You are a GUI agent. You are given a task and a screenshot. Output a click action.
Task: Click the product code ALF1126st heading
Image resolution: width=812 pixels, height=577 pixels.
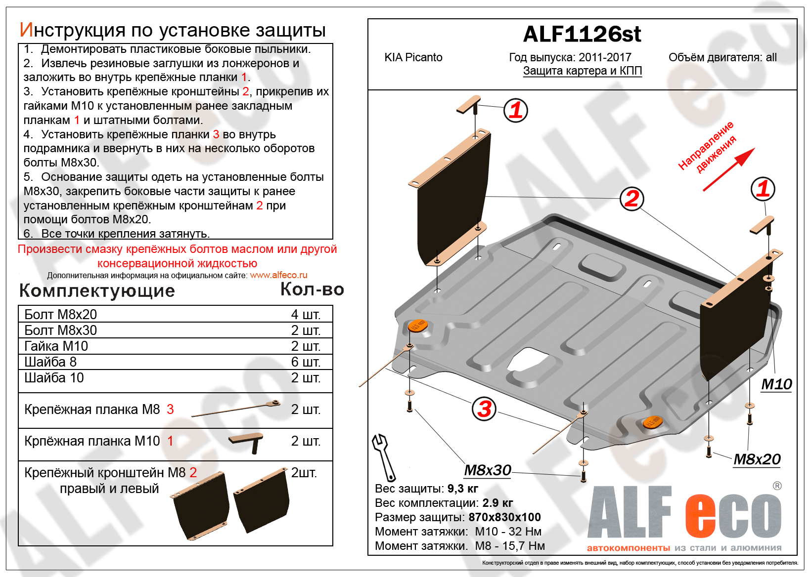coord(582,34)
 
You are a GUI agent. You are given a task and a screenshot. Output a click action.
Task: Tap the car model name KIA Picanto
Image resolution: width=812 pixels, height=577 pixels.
coord(413,57)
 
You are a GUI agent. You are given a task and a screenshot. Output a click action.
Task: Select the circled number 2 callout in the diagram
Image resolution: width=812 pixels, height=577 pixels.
coord(632,199)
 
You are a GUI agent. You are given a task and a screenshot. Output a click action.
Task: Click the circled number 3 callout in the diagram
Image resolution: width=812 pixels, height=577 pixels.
coord(484,409)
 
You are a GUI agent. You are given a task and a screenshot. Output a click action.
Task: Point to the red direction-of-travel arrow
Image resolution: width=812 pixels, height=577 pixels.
coord(729,169)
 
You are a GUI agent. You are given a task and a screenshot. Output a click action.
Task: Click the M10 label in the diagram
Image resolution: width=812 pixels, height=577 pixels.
coord(776,384)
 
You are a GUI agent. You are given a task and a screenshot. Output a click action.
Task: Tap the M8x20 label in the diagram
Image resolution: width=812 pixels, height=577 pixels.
coord(757,459)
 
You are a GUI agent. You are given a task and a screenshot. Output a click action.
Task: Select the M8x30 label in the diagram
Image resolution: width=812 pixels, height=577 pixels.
coord(487,470)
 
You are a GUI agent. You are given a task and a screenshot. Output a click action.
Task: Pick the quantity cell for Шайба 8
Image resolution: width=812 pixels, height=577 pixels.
coord(306,362)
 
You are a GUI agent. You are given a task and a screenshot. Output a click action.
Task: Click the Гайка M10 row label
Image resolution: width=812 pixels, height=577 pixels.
coord(56,346)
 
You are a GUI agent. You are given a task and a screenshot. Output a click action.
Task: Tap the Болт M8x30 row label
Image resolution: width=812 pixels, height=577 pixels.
coord(60,330)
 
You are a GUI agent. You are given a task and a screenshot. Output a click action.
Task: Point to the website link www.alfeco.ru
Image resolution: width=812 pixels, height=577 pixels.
coord(278,275)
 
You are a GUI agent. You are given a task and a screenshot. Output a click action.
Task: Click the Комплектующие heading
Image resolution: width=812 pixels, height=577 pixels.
coord(97,290)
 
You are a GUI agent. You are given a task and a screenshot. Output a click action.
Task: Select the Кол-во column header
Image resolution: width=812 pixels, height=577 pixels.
coord(312,289)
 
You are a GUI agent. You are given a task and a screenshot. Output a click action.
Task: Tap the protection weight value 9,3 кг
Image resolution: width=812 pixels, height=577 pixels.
coord(462,489)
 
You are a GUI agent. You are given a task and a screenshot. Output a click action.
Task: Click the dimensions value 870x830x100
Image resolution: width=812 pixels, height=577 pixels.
coord(504,517)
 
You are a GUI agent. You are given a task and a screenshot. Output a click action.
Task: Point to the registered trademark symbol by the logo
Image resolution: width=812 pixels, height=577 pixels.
coord(777,486)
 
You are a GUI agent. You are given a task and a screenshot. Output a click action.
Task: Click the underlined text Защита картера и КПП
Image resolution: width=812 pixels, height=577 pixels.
coord(582,71)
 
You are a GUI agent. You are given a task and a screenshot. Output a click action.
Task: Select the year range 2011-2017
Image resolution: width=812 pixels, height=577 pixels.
coord(605,57)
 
